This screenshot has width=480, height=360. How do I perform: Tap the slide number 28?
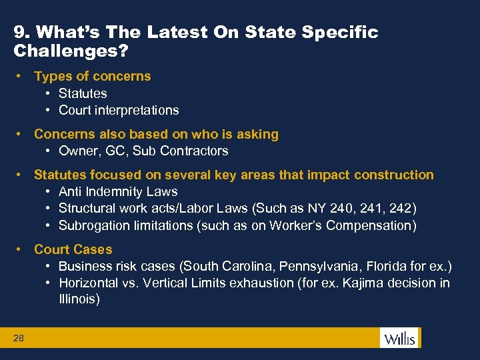pyautogui.click(x=19, y=339)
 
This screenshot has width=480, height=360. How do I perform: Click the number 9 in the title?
pyautogui.click(x=19, y=32)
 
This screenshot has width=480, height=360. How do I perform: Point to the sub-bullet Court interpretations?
pyautogui.click(x=119, y=110)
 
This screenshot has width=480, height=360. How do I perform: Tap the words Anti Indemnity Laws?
pyautogui.click(x=118, y=191)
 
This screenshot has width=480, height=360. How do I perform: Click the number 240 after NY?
pyautogui.click(x=341, y=208)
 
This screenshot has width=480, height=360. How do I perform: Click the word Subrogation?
pyautogui.click(x=92, y=225)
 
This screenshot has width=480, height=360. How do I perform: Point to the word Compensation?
pyautogui.click(x=375, y=225)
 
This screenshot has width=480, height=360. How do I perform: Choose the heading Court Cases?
pyautogui.click(x=73, y=249)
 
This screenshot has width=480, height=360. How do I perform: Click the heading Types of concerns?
pyautogui.click(x=93, y=76)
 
